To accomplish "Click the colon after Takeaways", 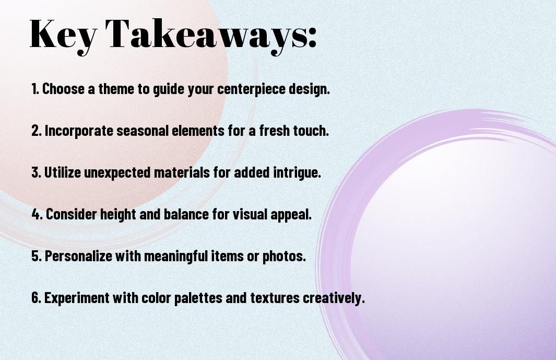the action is pos(312,37).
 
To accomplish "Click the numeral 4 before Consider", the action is pos(36,214).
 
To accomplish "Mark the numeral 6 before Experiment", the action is pos(36,297).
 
